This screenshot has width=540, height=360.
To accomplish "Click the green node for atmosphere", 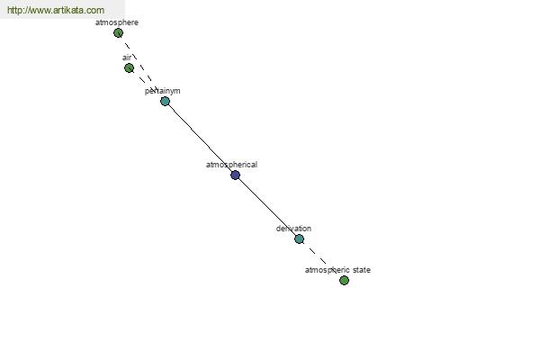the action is tap(118, 33).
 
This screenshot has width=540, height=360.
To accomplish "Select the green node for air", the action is tap(129, 67).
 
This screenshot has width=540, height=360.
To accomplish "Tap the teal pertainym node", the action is tap(165, 101).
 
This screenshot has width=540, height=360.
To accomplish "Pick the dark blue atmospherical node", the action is tap(235, 175).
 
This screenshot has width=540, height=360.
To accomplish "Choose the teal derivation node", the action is tap(300, 238).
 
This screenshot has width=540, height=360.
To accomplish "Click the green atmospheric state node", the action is tap(344, 281).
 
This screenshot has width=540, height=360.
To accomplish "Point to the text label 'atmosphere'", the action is tap(117, 22).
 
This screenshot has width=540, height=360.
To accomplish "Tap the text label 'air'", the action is tap(127, 58).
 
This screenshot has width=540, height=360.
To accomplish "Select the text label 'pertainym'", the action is tap(163, 91).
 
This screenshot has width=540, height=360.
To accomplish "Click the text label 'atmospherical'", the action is tap(231, 165).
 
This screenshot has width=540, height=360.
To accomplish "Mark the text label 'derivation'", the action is tap(293, 229).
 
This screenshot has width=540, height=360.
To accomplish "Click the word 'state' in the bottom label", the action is tap(362, 270).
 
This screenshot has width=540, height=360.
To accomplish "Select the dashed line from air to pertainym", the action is tap(147, 85).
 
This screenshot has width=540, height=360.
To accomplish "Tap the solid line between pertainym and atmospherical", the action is tap(200, 138).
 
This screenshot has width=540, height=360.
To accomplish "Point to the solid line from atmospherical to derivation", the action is tap(267, 207).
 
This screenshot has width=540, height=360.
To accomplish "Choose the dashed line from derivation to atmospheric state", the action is tap(321, 259).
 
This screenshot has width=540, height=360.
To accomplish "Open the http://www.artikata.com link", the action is tap(56, 10).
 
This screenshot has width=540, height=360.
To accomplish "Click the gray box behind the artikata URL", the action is tap(62, 9).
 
